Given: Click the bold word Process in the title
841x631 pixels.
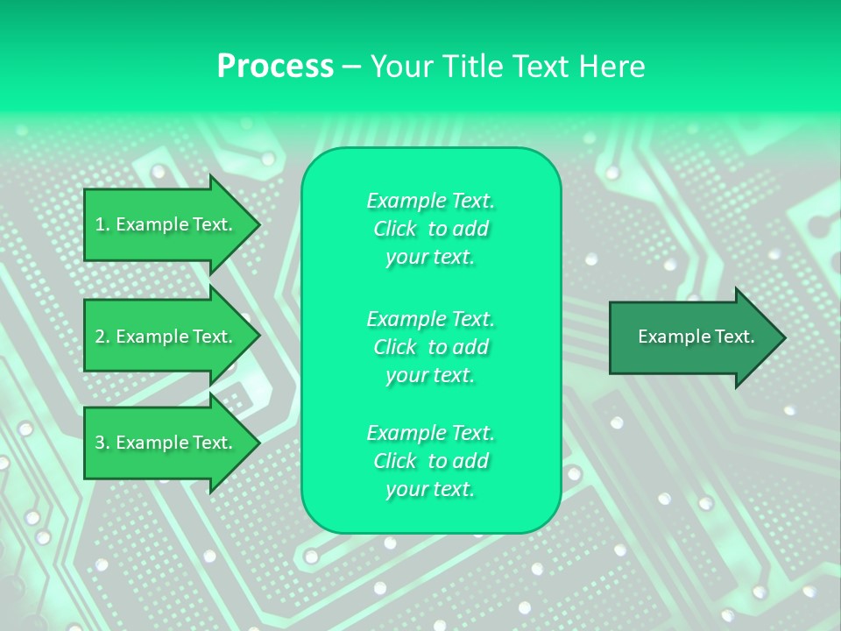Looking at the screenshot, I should tap(275, 67).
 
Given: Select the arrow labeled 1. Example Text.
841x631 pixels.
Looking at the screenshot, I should tap(166, 224).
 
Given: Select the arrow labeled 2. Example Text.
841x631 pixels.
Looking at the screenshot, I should tap(166, 337).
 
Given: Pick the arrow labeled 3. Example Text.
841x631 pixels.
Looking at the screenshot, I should tap(166, 443).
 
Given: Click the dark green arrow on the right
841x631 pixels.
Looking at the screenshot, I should tap(692, 337).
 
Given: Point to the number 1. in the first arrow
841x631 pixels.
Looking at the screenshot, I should tap(102, 224).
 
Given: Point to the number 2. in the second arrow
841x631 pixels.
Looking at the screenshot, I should tap(102, 337).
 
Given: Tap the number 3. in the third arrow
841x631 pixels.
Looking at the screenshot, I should tap(102, 443).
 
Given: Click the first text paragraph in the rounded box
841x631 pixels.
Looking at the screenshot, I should tap(430, 229).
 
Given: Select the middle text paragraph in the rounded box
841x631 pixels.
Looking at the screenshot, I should tap(430, 347).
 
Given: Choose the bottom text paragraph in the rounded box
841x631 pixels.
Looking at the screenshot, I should tap(430, 461).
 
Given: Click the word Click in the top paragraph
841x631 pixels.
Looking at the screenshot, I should tap(395, 229).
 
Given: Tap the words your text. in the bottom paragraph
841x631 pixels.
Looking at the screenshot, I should tap(430, 489).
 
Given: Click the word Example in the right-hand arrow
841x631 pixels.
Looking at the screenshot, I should tap(668, 337).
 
